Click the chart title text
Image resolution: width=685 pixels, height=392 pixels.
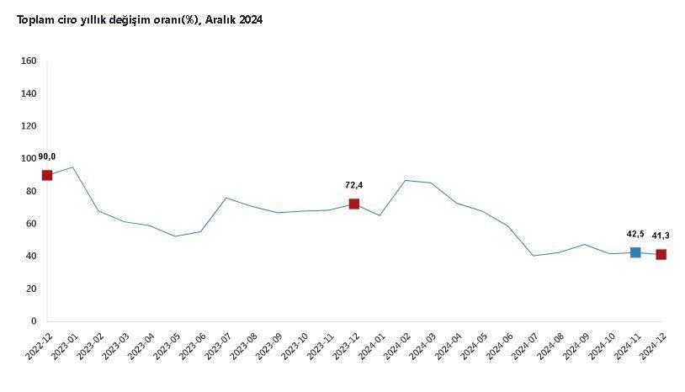[135, 19]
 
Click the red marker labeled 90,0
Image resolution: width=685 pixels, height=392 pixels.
[47, 175]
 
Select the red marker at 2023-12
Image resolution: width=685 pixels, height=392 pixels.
[354, 204]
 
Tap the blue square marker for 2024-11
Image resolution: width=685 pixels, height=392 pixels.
[635, 252]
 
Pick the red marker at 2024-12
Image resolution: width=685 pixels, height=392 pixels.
[661, 254]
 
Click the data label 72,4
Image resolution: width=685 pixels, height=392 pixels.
[354, 185]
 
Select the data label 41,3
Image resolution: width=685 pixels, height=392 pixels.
[661, 236]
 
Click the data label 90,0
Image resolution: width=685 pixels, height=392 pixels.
[47, 156]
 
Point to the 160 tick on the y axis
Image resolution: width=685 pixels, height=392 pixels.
[29, 61]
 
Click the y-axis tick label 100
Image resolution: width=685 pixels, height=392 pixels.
[29, 158]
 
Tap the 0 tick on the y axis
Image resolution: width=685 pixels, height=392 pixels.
[34, 321]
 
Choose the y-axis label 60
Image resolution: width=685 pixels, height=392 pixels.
[31, 224]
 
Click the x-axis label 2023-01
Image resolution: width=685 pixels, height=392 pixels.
[65, 346]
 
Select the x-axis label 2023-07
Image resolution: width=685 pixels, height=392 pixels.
[218, 346]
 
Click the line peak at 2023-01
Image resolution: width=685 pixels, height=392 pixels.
[73, 167]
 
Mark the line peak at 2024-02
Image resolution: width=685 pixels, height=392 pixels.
[406, 180]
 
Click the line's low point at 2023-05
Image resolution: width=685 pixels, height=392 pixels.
[175, 236]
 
